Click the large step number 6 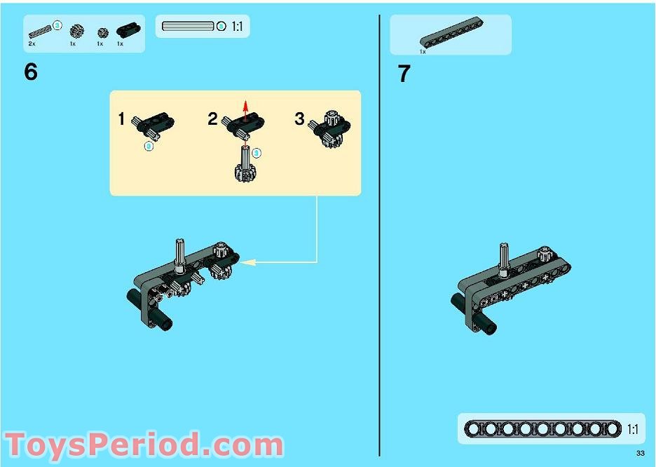pyautogui.click(x=31, y=72)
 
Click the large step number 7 pyautogui.click(x=404, y=74)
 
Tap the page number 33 pyautogui.click(x=640, y=453)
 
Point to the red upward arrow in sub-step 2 pyautogui.click(x=245, y=110)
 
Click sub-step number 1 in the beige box pyautogui.click(x=121, y=119)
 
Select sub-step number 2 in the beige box pyautogui.click(x=212, y=119)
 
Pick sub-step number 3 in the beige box pyautogui.click(x=299, y=119)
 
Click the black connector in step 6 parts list pyautogui.click(x=128, y=29)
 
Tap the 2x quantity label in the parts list pyautogui.click(x=32, y=44)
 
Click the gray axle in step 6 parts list pyautogui.click(x=40, y=32)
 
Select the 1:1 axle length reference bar pyautogui.click(x=188, y=27)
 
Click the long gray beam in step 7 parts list pyautogui.click(x=451, y=33)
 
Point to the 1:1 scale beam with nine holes pyautogui.click(x=542, y=429)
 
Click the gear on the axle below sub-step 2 pyautogui.click(x=245, y=172)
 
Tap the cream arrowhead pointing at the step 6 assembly pyautogui.click(x=247, y=262)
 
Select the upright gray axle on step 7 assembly pyautogui.click(x=504, y=259)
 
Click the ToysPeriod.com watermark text pyautogui.click(x=144, y=445)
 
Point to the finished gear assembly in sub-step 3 pyautogui.click(x=330, y=129)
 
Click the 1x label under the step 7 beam pyautogui.click(x=423, y=52)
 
